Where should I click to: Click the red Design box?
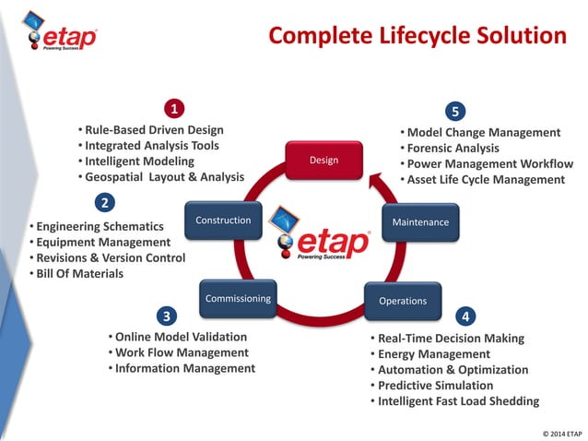323,161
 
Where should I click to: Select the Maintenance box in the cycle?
420,222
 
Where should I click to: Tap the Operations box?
403,301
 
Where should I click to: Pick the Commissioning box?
238,299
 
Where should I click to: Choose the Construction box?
223,220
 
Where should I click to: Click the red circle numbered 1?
172,109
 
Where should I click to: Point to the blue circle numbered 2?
106,202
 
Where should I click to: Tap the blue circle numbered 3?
166,316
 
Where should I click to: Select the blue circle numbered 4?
465,316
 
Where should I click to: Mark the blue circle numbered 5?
454,112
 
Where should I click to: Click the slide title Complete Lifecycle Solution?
417,36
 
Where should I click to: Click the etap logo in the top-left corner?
62,36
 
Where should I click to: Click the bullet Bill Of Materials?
78,273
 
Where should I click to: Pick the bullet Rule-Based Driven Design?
153,130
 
